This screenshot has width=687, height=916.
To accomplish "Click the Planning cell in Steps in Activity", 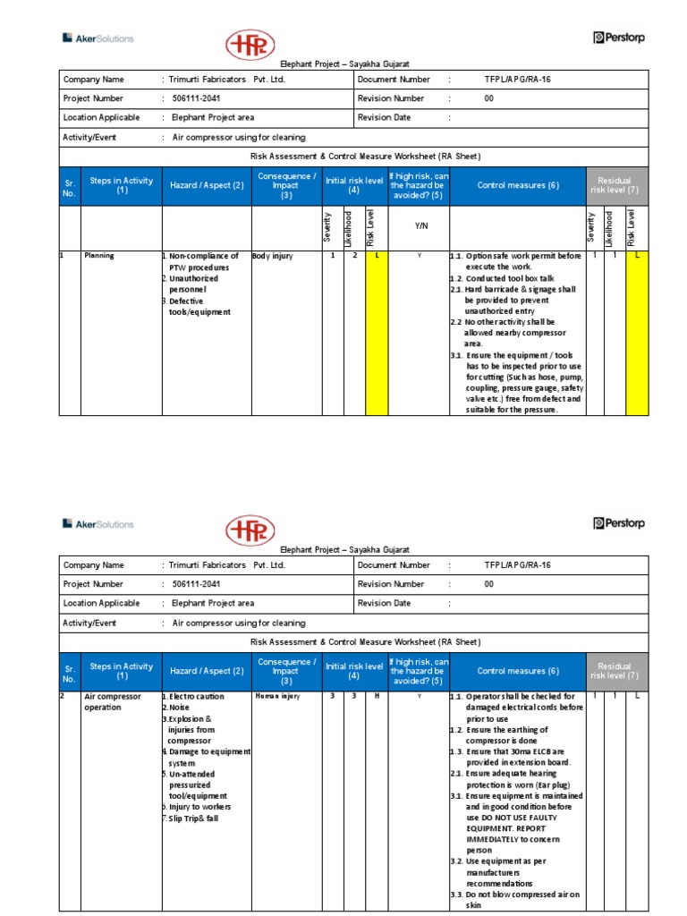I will [100, 256].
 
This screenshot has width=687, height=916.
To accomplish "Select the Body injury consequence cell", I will [273, 256].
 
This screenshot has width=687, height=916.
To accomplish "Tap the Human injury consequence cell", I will [276, 695].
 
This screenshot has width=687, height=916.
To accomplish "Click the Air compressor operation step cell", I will [109, 701].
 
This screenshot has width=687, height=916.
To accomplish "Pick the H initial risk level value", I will [376, 695].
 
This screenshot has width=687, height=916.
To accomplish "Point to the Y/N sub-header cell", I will [419, 226].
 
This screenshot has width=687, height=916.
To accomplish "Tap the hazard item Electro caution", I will [196, 696].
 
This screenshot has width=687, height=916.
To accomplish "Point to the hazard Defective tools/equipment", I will [199, 307].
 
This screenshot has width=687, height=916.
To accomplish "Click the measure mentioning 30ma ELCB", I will [517, 757].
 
